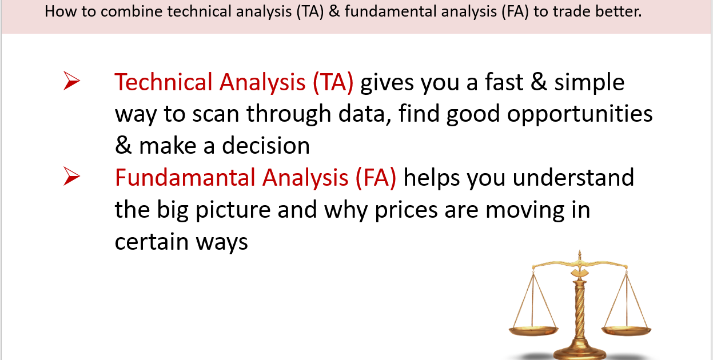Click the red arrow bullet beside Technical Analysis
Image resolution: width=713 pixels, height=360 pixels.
[71, 81]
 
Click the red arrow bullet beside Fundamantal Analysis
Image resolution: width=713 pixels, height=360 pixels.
[71, 176]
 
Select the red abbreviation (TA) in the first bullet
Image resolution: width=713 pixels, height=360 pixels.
[333, 83]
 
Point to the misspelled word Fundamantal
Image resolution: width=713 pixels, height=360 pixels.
[185, 178]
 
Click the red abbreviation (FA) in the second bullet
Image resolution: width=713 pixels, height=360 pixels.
[376, 178]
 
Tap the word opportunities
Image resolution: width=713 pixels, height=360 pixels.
[580, 114]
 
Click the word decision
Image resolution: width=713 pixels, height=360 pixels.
[266, 146]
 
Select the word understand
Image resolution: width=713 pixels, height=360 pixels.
[573, 178]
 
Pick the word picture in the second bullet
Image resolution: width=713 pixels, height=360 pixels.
[233, 210]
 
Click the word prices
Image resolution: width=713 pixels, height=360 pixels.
[406, 210]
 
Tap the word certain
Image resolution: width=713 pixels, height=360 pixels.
[152, 242]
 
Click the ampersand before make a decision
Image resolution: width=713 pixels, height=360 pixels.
[123, 145]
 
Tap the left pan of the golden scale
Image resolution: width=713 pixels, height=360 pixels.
[533, 330]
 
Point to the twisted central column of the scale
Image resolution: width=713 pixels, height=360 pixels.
[580, 311]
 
